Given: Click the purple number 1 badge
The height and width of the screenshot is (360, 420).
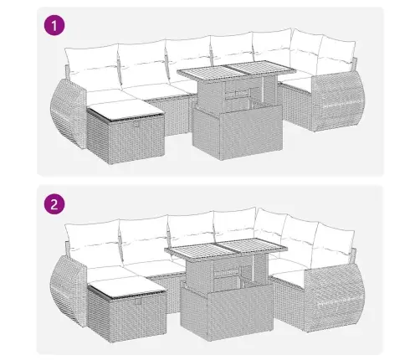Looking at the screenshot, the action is pyautogui.click(x=54, y=25).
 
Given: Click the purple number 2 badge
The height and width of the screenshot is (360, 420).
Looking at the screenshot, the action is pyautogui.click(x=54, y=204).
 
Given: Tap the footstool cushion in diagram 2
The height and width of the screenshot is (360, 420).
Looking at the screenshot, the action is pyautogui.click(x=127, y=285).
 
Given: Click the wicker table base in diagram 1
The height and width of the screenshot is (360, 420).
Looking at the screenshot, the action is pyautogui.click(x=237, y=131).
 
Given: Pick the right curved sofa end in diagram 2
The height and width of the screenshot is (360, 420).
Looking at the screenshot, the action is pyautogui.click(x=335, y=298).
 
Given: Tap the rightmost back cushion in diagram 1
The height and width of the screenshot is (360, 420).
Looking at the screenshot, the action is pyautogui.click(x=336, y=58).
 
